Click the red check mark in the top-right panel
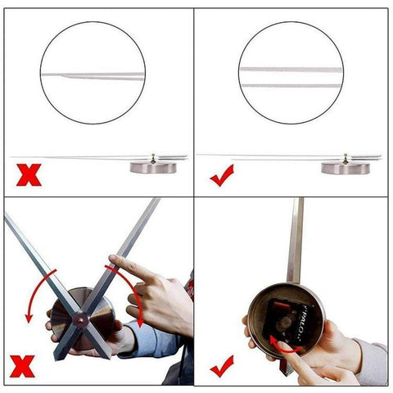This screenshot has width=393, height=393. point(221,174)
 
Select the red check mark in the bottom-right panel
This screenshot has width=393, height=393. point(221,364)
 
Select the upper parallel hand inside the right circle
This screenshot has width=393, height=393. point(291,69)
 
